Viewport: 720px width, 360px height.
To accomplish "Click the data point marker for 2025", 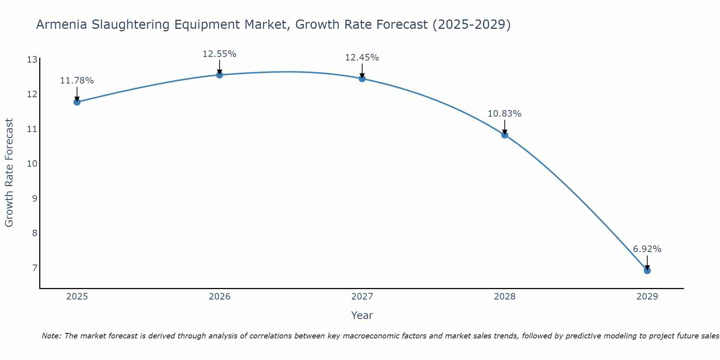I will [x=77, y=102].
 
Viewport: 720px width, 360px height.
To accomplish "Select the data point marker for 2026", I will [x=219, y=75].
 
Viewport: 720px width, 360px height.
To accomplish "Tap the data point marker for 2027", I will [x=362, y=78].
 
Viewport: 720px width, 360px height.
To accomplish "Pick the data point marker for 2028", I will [x=504, y=135].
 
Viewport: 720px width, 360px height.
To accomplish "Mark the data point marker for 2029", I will [x=647, y=270].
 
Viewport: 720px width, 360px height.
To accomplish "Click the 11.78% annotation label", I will [x=77, y=81].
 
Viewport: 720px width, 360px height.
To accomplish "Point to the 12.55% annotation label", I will [x=219, y=54].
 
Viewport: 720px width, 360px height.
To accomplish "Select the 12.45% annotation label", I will [x=362, y=58].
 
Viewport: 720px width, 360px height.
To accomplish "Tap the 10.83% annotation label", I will [x=504, y=114].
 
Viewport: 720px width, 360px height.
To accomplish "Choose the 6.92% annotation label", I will [x=647, y=249].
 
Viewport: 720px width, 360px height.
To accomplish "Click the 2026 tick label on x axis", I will [x=220, y=297].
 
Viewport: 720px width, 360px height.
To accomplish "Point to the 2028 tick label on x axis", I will [x=504, y=297].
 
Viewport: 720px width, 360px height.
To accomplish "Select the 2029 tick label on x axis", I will [x=647, y=297].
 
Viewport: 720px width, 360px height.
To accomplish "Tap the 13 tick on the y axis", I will [x=32, y=60].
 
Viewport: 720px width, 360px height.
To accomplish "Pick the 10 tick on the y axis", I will [x=32, y=164].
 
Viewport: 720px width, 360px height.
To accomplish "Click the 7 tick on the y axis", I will [x=35, y=268].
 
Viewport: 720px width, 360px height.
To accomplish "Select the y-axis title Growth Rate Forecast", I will [x=9, y=173].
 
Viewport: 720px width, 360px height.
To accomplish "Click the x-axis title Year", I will [x=362, y=315].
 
